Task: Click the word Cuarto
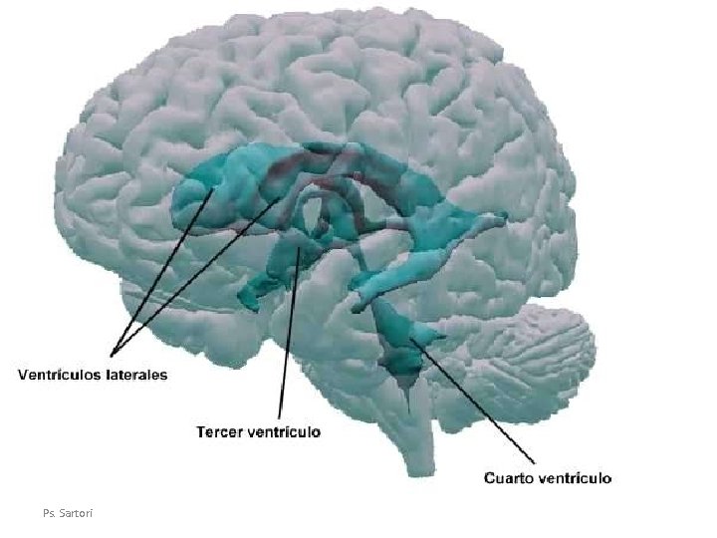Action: [508, 477]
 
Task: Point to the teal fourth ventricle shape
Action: [403, 344]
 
